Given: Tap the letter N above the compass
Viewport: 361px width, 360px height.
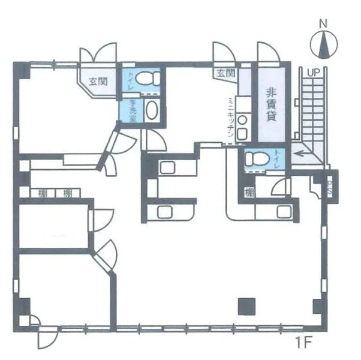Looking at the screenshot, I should (x=323, y=23).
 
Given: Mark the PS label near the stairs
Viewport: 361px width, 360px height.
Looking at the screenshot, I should (x=330, y=188).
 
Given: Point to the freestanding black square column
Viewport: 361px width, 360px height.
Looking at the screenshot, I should (x=246, y=306).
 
